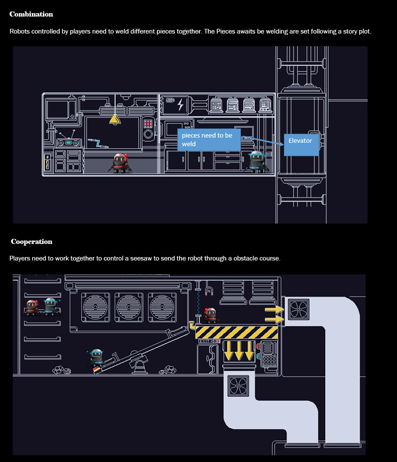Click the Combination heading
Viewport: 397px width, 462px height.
coord(31,14)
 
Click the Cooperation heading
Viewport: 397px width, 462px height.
coord(31,242)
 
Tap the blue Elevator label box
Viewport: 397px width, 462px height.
coord(301,141)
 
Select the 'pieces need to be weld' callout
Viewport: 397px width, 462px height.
coord(208,140)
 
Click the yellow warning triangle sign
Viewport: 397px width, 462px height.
coord(115,119)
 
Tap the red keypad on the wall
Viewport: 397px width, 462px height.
coord(149,124)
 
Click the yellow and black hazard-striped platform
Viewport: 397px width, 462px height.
coord(237,332)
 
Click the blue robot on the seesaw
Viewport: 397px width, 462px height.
coord(96,358)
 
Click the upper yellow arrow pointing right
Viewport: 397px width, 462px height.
coord(274,310)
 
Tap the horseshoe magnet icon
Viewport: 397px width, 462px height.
coord(209,291)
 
